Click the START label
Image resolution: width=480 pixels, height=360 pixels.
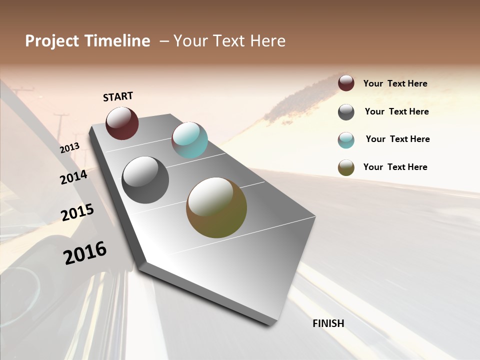click(118, 96)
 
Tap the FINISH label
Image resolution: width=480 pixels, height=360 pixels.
click(328, 323)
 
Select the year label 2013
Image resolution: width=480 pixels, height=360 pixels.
click(69, 148)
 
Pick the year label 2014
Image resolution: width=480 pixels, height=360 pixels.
click(74, 177)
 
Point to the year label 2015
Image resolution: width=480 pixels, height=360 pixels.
click(77, 212)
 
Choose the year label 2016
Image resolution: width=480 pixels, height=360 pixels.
click(85, 253)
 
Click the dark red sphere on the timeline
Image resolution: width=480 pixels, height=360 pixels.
click(122, 123)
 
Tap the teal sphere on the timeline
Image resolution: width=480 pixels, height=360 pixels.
click(189, 140)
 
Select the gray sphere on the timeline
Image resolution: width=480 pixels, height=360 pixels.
click(145, 180)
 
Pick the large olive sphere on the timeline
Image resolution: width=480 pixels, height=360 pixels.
click(216, 207)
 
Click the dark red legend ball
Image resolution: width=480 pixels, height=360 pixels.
click(346, 83)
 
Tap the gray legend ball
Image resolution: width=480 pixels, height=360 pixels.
click(346, 112)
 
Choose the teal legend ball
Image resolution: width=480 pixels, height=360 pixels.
click(346, 140)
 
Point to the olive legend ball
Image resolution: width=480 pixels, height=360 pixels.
click(346, 167)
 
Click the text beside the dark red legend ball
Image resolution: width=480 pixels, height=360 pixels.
click(395, 83)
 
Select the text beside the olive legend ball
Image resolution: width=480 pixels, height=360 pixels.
click(395, 167)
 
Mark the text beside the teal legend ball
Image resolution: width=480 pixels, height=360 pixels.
click(397, 139)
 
